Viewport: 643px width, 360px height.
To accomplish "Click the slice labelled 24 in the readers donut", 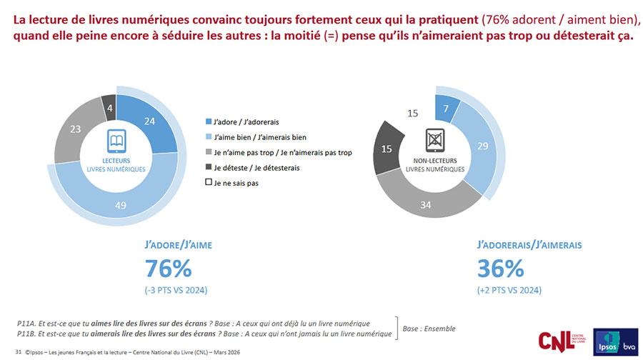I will click(149, 122).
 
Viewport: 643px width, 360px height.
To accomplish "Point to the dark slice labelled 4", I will click(109, 108).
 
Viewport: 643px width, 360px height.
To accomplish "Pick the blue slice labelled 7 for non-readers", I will click(447, 108).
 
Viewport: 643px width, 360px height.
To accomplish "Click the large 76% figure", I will click(168, 269).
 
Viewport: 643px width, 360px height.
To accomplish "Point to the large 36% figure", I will click(500, 269).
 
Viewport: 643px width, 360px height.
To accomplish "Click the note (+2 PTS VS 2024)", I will click(509, 289).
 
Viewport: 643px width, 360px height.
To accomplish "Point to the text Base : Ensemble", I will click(429, 329).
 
